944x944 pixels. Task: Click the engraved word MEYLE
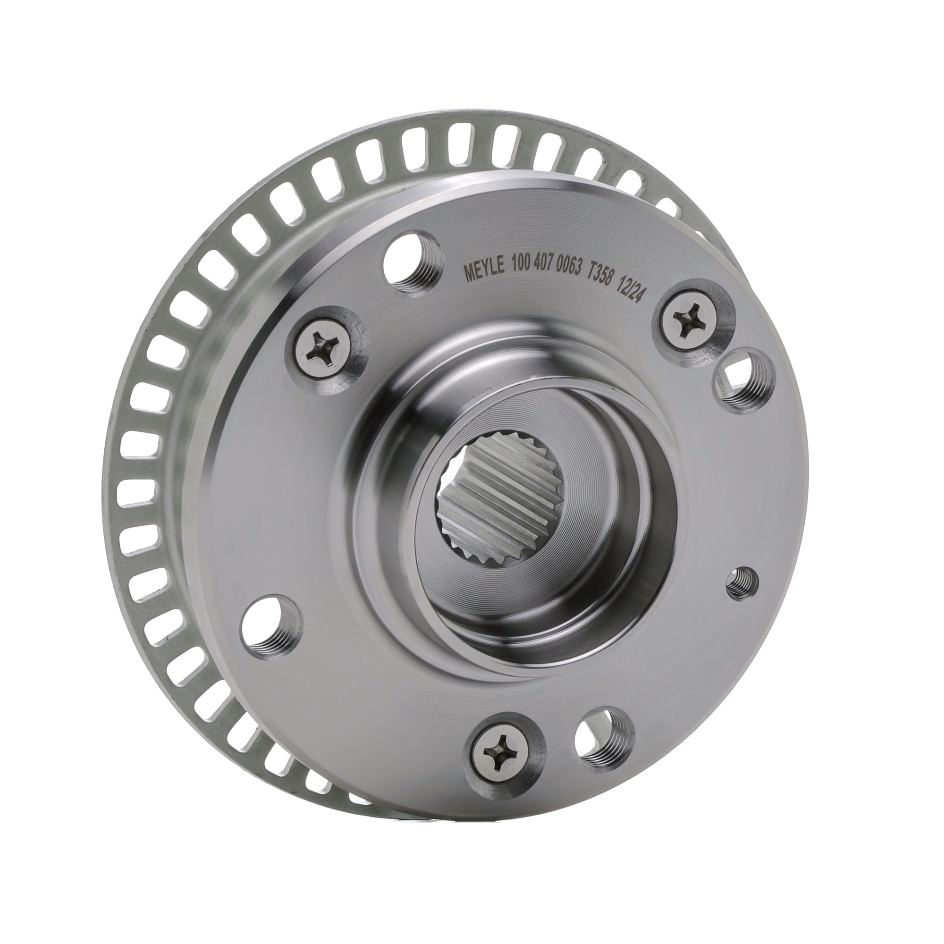(x=482, y=272)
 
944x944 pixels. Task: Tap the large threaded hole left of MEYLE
(x=409, y=263)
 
